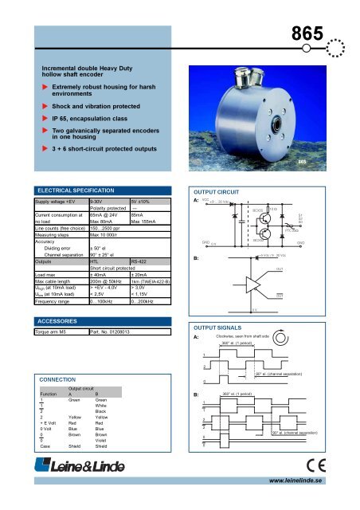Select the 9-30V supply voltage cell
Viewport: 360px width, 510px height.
point(91,203)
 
